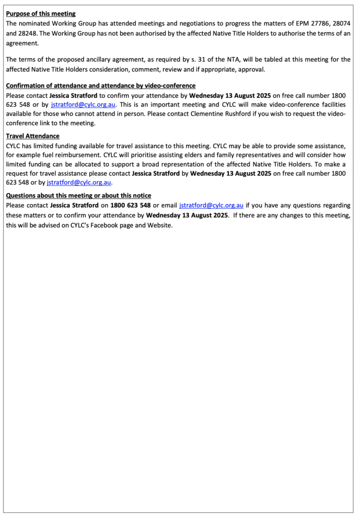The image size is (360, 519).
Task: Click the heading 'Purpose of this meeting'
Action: coord(41,14)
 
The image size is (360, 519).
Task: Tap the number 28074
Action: coord(338,23)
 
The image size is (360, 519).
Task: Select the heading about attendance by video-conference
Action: coord(100,86)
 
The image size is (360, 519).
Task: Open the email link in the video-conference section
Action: coord(84,104)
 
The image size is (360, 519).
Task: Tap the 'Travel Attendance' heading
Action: coord(32,136)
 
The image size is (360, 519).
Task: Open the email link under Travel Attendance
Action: coord(79,182)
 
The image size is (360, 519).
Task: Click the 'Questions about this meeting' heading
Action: coord(78,196)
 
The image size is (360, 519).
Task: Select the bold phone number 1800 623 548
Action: coord(131,205)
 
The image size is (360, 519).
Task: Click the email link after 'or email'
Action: coord(211,205)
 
